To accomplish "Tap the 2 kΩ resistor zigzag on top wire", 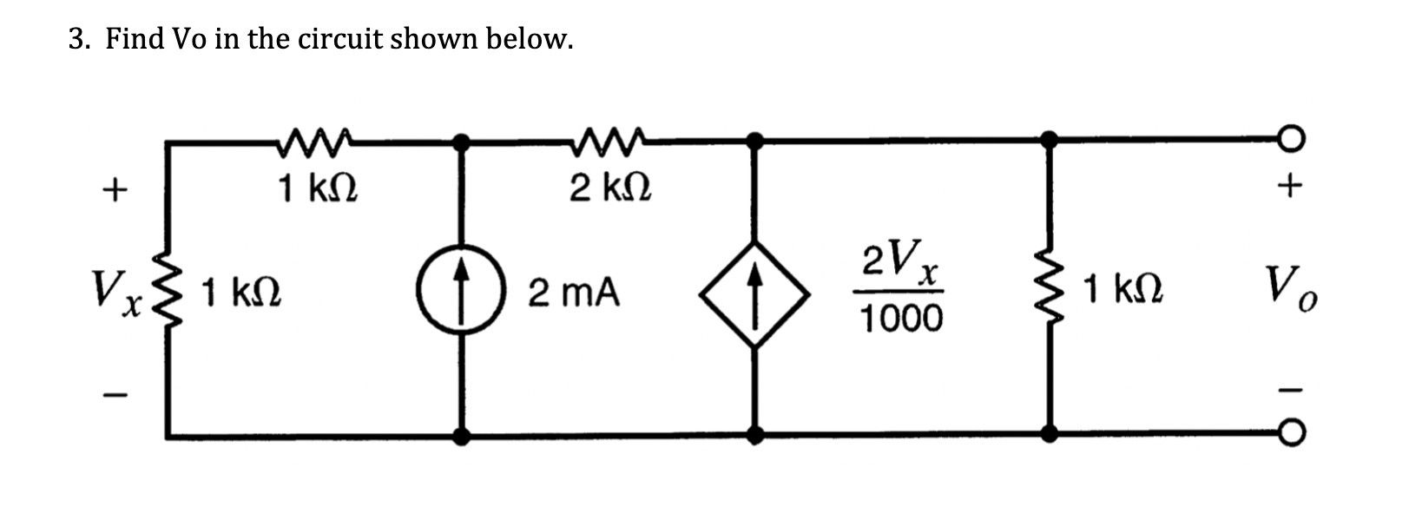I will coord(609,136).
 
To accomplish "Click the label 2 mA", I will coord(575,293).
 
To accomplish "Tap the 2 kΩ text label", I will coord(611,187).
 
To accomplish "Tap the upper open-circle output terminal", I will coord(1291,139).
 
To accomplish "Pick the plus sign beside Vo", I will coord(1291,185).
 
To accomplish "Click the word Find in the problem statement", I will coord(135,39).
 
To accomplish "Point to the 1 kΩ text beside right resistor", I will coord(1123,288).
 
